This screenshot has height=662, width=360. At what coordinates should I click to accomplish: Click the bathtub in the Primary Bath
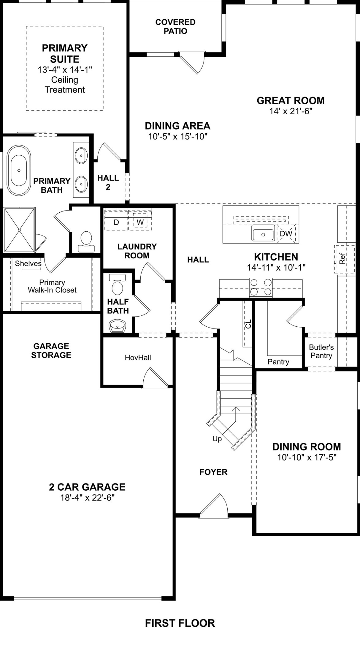[x=19, y=170]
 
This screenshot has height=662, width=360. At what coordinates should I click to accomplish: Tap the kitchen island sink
[x=263, y=234]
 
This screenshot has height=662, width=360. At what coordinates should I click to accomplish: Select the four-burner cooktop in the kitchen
[x=261, y=287]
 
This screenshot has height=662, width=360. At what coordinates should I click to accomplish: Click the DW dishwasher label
[x=286, y=234]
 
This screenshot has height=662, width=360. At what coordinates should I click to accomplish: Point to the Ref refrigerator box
[x=342, y=259]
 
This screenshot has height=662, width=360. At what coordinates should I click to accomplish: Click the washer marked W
[x=140, y=222]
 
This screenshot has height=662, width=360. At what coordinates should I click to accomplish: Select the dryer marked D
[x=116, y=222]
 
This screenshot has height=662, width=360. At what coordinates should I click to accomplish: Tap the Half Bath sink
[x=117, y=326]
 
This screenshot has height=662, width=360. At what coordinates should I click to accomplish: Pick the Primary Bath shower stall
[x=19, y=230]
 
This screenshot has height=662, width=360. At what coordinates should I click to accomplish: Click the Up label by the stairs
[x=217, y=439]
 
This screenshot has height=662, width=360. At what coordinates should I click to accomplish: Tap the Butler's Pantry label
[x=321, y=351]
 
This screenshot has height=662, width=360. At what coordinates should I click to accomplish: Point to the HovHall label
[x=138, y=357]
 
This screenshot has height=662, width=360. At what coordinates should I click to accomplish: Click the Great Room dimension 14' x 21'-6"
[x=290, y=111]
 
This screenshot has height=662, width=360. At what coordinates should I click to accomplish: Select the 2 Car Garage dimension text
[x=87, y=497]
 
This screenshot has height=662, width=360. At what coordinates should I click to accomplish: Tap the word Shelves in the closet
[x=28, y=263]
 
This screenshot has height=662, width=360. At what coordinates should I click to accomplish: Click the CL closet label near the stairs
[x=248, y=324]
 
